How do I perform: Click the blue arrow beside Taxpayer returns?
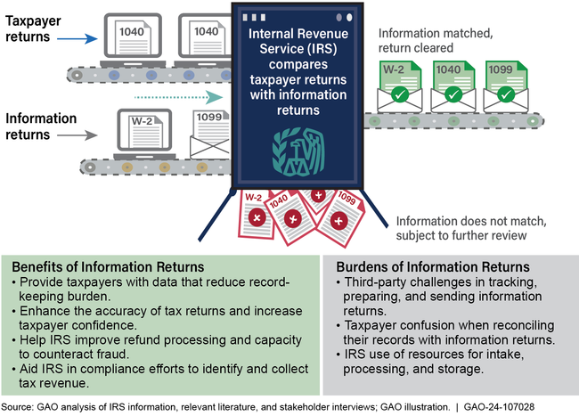[x=86, y=38]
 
